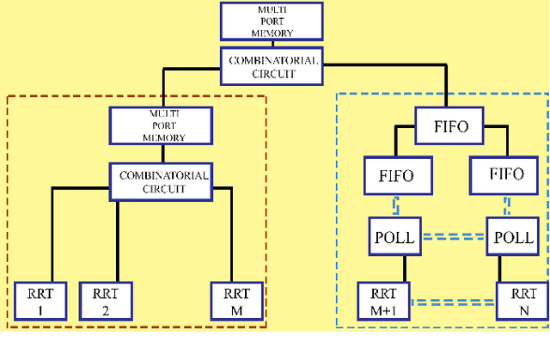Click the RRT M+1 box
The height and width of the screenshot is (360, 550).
coord(384,299)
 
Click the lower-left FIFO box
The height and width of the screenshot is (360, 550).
coord(395,176)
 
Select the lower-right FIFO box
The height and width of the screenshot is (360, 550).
coord(504,176)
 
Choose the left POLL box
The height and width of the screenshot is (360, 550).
coord(395,237)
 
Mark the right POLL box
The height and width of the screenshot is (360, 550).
coord(510,237)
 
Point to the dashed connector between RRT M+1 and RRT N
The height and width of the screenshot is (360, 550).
coord(453,301)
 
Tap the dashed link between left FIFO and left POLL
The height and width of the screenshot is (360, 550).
coord(396,206)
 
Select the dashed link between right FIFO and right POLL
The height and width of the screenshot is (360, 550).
coord(508,206)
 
